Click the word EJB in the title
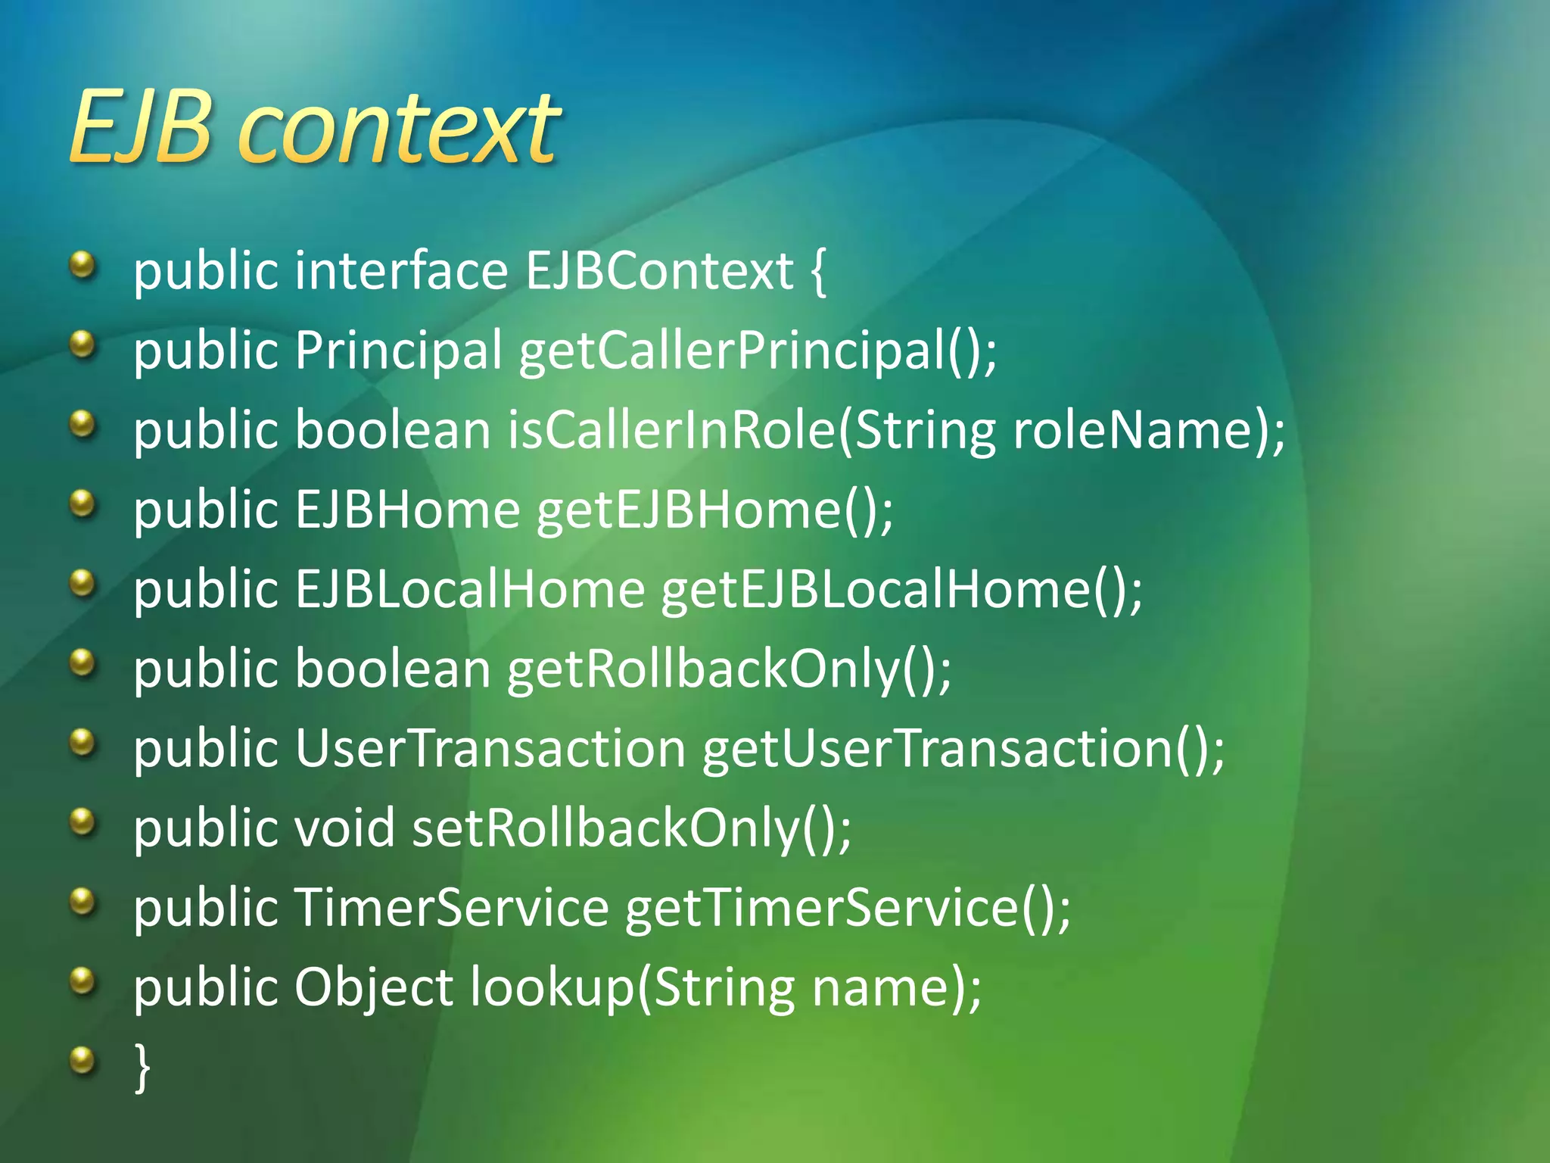(139, 127)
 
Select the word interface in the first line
(401, 271)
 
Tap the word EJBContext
(658, 271)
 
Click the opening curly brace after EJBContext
(818, 271)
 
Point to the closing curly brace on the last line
(142, 1066)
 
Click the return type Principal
(398, 351)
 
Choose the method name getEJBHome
(689, 510)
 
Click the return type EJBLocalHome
(469, 589)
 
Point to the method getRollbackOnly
(704, 669)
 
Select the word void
(344, 828)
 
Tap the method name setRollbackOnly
(605, 828)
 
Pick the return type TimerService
(451, 907)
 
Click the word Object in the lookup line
(373, 987)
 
